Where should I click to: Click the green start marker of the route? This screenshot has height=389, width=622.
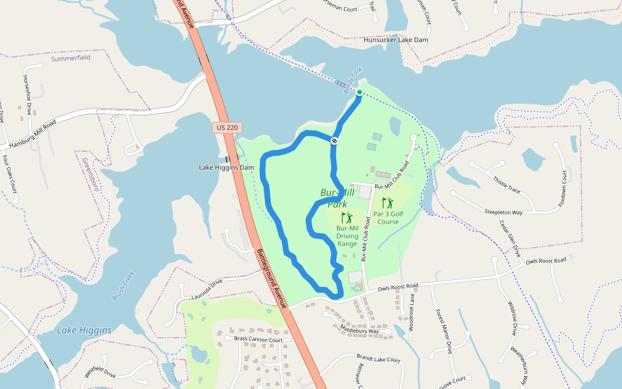click(x=359, y=92)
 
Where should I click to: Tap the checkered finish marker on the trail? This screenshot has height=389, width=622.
click(x=334, y=140)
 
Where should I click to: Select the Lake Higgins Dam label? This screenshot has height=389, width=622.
click(x=226, y=167)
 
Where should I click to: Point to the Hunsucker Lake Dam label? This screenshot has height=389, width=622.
click(x=396, y=40)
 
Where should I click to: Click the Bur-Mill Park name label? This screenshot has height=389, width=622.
click(x=334, y=198)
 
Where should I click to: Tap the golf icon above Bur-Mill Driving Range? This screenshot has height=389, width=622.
click(x=347, y=218)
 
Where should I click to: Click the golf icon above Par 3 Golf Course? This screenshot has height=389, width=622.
click(x=387, y=203)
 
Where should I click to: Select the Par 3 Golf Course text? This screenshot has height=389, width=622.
click(x=388, y=217)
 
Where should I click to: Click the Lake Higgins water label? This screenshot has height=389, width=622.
click(x=84, y=330)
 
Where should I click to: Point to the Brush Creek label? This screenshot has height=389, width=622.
click(x=123, y=285)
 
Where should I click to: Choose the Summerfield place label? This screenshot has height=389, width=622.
click(x=71, y=58)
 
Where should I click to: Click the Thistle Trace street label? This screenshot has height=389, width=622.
click(x=507, y=184)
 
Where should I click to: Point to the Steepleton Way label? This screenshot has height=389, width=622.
click(x=503, y=212)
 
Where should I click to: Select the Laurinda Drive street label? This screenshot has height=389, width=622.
click(x=202, y=289)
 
